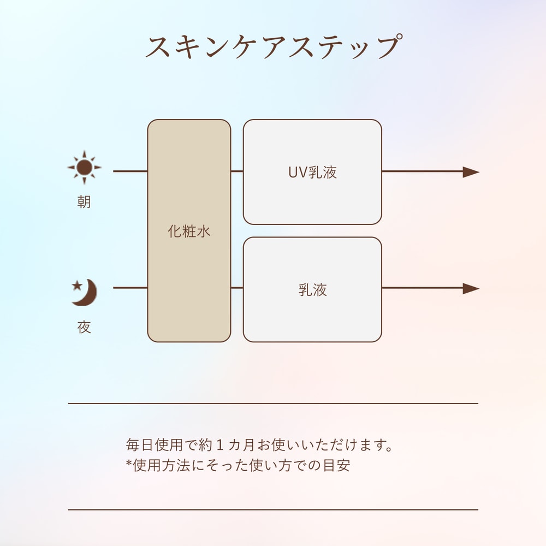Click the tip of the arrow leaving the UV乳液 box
pyautogui.click(x=479, y=171)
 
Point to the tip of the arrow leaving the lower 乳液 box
pyautogui.click(x=479, y=288)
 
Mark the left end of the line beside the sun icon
pyautogui.click(x=113, y=171)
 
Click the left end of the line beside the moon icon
pyautogui.click(x=113, y=288)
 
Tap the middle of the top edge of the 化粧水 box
pyautogui.click(x=189, y=120)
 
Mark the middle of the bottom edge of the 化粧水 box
pyautogui.click(x=189, y=342)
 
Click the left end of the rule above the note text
pyautogui.click(x=68, y=403)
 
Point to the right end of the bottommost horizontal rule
pyautogui.click(x=478, y=510)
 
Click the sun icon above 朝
pyautogui.click(x=84, y=168)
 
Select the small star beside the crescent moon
pyautogui.click(x=77, y=286)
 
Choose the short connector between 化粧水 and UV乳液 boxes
pyautogui.click(x=237, y=171)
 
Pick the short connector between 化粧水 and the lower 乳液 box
pyautogui.click(x=237, y=288)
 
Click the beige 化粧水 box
pyautogui.click(x=189, y=231)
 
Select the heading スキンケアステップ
pyautogui.click(x=274, y=46)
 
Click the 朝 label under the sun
pyautogui.click(x=84, y=202)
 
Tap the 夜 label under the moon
pyautogui.click(x=84, y=327)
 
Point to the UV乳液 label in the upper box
pyautogui.click(x=312, y=173)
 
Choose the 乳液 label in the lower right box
pyautogui.click(x=312, y=290)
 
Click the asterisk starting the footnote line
pyautogui.click(x=129, y=463)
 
